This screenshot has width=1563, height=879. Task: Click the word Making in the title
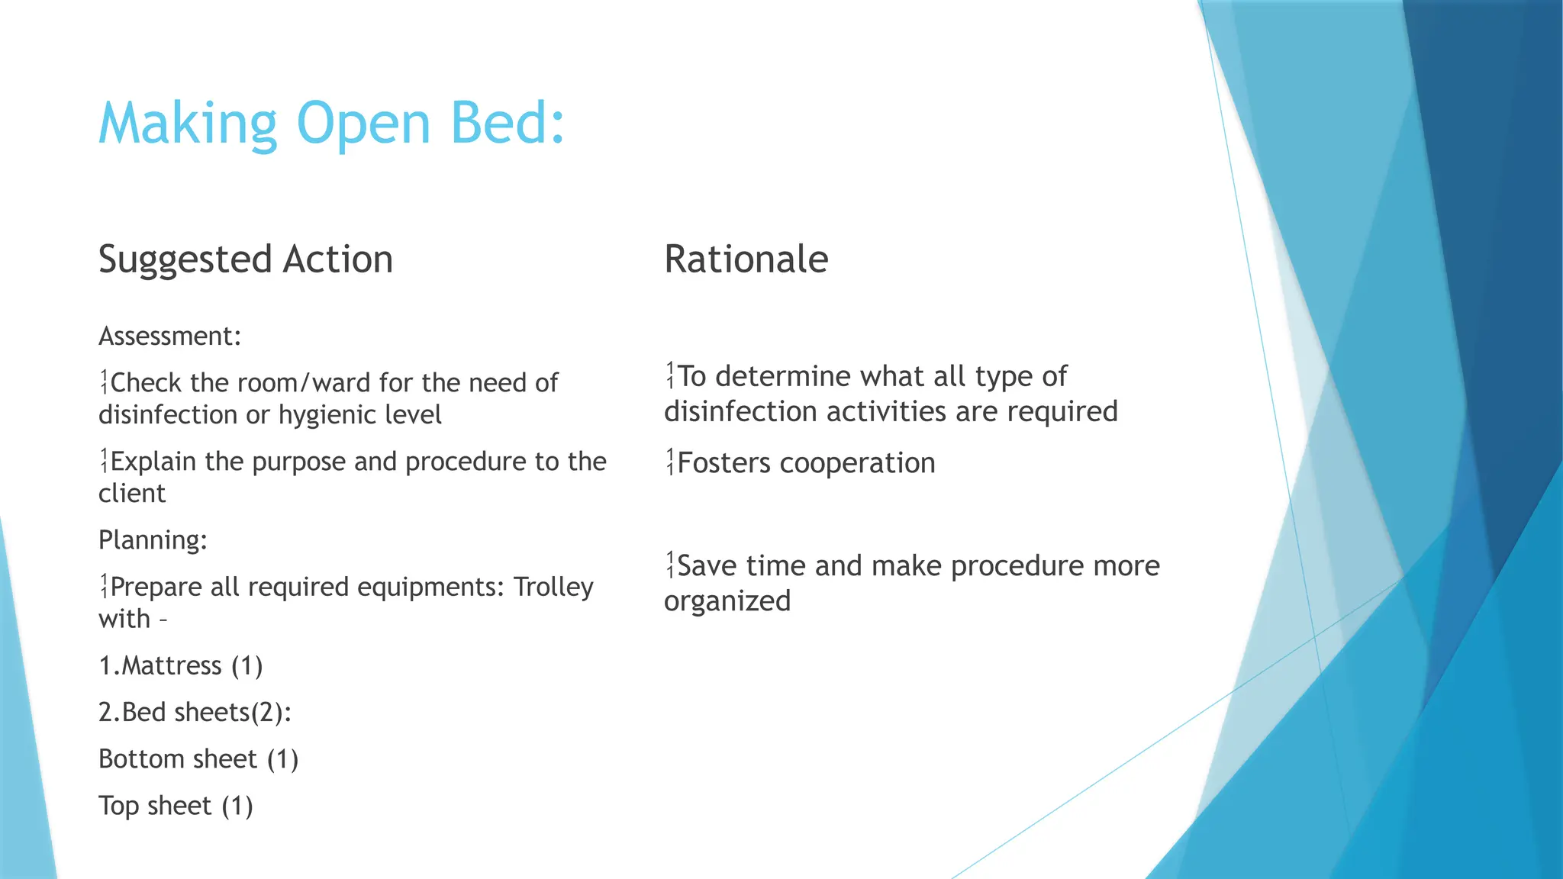(188, 124)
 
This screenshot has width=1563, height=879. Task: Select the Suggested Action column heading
(246, 259)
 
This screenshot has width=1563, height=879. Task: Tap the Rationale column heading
(746, 259)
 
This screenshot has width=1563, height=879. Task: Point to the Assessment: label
(169, 336)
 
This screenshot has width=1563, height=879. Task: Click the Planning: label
(153, 540)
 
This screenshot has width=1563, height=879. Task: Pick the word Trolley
(553, 587)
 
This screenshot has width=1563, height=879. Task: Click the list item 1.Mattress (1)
(181, 665)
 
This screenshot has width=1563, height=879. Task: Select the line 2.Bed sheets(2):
(195, 712)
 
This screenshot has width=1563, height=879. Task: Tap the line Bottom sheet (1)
(198, 759)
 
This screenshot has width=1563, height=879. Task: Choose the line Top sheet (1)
(176, 806)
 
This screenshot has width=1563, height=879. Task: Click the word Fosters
(723, 463)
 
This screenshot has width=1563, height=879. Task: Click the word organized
(727, 601)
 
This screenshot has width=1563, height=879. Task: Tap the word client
(131, 494)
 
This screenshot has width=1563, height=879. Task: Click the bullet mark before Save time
(670, 565)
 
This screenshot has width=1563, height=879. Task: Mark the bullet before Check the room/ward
(104, 382)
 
